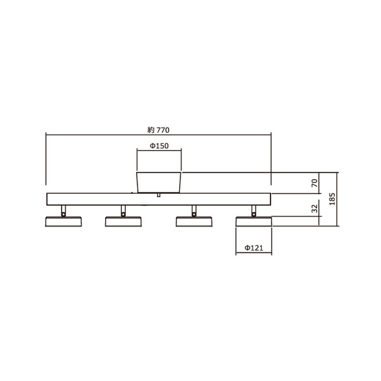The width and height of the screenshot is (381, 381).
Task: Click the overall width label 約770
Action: (159, 129)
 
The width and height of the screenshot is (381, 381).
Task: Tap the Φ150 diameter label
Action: (159, 146)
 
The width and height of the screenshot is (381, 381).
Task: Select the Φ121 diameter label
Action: (254, 248)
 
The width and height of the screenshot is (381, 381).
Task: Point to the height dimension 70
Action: (314, 183)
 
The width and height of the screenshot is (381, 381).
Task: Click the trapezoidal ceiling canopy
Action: (159, 182)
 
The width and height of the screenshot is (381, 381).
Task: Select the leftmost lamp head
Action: (63, 221)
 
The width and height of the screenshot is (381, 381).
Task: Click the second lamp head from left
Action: (123, 221)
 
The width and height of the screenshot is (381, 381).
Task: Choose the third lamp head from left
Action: (194, 221)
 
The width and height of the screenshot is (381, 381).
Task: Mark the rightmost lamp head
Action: (254, 221)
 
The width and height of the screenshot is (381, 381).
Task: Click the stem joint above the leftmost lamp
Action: (63, 211)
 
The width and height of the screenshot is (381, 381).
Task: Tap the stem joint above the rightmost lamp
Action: (254, 211)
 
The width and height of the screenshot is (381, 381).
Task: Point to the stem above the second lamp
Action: (123, 211)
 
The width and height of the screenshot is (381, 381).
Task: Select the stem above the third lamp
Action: (194, 211)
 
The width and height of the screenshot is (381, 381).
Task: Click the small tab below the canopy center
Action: (158, 195)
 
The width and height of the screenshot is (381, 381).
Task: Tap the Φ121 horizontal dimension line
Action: (254, 253)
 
